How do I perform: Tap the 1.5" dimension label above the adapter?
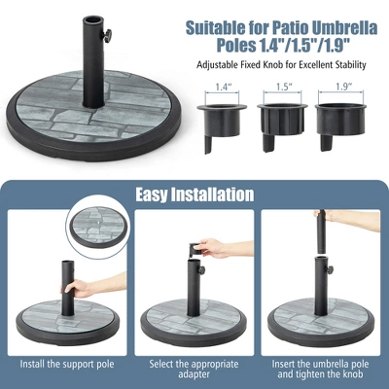(x=282, y=87)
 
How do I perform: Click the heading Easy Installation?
(x=194, y=194)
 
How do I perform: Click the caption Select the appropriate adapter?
(x=194, y=370)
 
